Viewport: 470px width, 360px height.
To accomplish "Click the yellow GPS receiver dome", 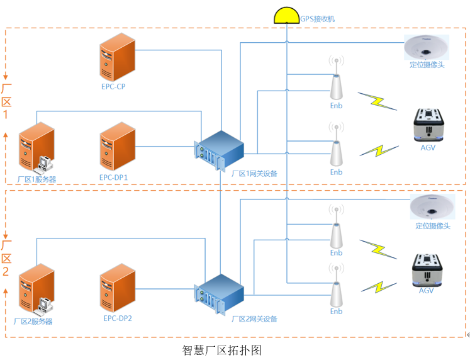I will (287, 16).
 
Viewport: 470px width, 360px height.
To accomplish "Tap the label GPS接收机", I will (318, 19).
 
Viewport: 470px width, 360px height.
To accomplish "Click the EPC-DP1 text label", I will (113, 177).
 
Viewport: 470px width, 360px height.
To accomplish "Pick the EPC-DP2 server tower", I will (118, 289).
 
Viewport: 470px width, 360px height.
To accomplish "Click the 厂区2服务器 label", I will (33, 321).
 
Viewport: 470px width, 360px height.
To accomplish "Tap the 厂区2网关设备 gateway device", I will (221, 294).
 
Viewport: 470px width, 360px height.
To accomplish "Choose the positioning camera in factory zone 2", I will (432, 208).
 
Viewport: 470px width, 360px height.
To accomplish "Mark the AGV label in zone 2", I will (427, 290).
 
